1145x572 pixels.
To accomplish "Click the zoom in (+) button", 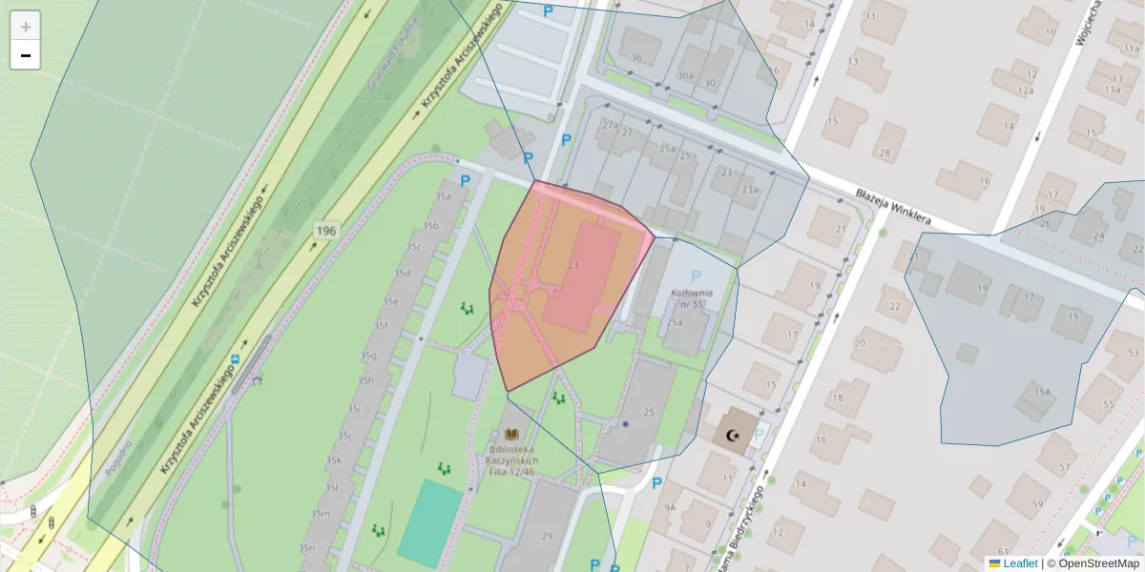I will tap(26, 27).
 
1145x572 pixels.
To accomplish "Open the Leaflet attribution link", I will tap(1019, 563).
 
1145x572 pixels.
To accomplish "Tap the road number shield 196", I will tap(326, 231).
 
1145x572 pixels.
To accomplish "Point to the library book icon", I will tap(512, 434).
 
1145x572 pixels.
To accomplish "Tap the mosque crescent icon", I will tap(733, 436).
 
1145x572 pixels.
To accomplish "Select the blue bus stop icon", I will tap(234, 359).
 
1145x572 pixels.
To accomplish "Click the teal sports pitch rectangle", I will tap(430, 523).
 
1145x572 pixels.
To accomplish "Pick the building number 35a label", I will tap(443, 196).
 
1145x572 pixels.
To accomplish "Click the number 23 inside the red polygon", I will tap(572, 265).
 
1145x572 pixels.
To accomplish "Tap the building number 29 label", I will tap(547, 536).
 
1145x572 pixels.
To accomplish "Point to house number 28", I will tap(885, 153).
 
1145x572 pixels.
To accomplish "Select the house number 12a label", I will tap(1025, 91).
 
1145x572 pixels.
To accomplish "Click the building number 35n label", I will tap(306, 548).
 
